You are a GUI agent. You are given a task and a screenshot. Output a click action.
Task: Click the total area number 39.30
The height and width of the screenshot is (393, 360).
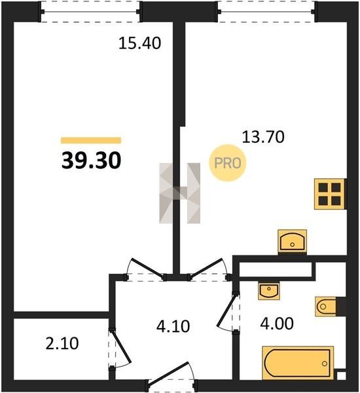point(91,160)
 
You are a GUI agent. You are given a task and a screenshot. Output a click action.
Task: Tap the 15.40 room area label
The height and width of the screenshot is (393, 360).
point(139,43)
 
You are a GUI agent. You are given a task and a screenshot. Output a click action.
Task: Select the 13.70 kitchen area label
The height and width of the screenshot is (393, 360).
point(263,137)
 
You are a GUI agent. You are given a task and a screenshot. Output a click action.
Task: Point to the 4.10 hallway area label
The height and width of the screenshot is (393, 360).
point(173,326)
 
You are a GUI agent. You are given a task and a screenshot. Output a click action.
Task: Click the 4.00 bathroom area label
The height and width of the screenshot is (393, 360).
point(277,324)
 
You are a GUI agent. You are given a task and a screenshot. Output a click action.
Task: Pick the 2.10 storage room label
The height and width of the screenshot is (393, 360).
point(62,343)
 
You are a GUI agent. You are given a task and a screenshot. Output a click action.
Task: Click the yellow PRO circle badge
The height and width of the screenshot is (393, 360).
point(228,163)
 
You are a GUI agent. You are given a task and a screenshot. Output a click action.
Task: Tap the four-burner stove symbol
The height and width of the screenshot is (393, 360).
point(330,194)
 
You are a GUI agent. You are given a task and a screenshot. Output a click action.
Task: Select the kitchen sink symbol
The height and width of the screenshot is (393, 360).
point(293,241)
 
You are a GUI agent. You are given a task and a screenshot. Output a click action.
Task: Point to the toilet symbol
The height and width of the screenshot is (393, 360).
point(326,307)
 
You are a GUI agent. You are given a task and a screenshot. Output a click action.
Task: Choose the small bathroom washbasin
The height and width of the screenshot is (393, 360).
point(269,291)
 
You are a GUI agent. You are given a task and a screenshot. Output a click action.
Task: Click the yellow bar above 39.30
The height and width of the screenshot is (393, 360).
point(91,140)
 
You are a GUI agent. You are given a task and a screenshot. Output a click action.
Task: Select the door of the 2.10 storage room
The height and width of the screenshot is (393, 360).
point(120,348)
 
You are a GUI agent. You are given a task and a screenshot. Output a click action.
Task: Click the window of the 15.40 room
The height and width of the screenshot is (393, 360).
point(90,12)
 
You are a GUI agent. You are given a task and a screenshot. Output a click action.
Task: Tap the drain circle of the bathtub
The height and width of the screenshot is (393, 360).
point(325,363)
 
